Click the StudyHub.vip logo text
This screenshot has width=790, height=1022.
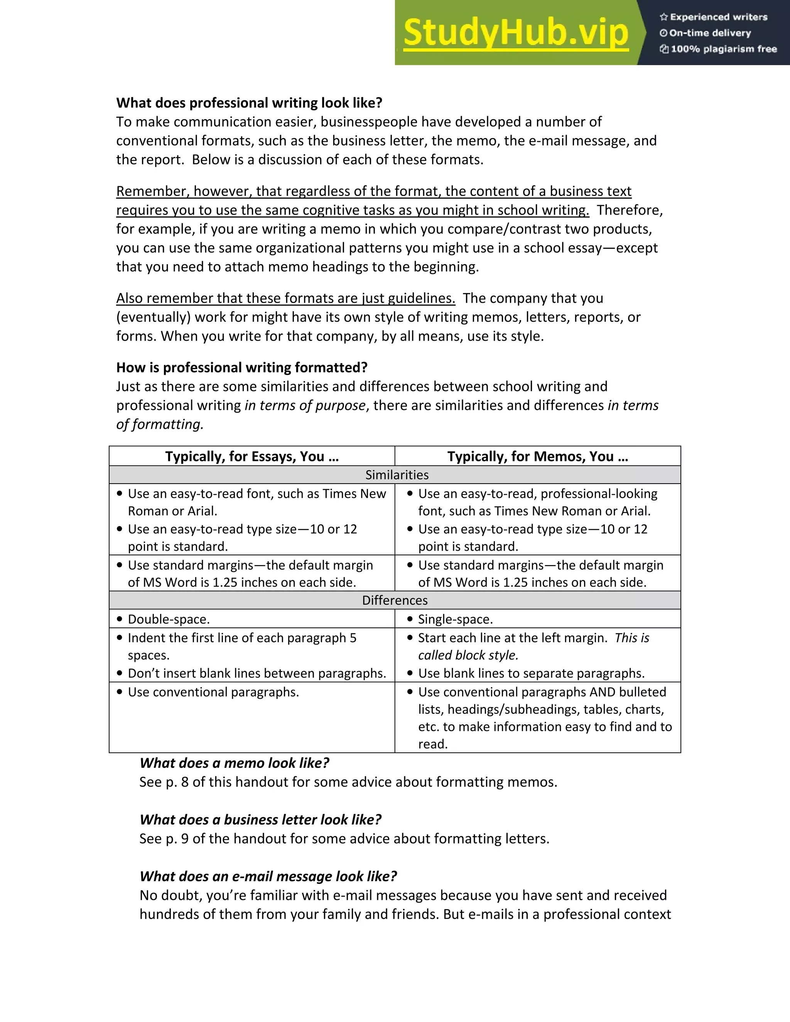tap(515, 33)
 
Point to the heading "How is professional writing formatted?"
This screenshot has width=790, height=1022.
tap(241, 367)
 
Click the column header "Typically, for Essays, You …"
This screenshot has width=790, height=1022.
tap(252, 456)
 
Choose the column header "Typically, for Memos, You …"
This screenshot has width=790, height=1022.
tap(537, 456)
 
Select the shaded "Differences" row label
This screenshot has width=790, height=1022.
tap(395, 600)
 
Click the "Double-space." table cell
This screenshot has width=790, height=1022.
tap(169, 619)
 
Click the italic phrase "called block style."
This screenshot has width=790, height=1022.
tap(468, 655)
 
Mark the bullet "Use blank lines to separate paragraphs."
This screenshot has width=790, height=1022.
tap(531, 673)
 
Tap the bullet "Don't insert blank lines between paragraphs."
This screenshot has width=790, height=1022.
tap(257, 673)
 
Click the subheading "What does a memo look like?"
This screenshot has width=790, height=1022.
tap(234, 763)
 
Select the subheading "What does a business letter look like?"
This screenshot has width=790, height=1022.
tap(260, 820)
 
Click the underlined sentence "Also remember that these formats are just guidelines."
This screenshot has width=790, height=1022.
tap(285, 298)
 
